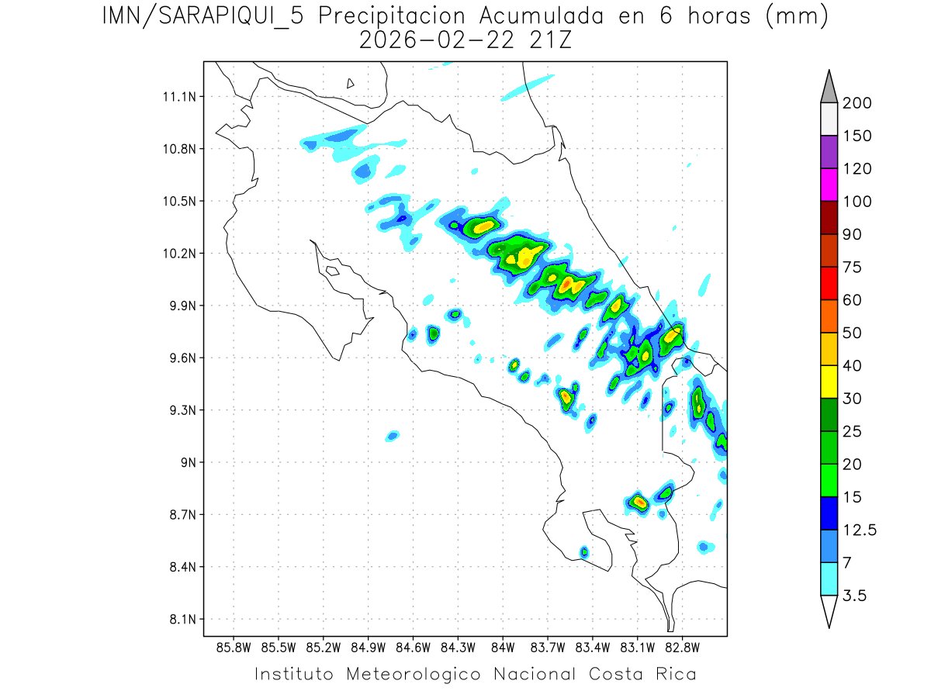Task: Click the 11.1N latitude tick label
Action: (x=178, y=97)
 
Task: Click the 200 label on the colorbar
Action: (x=857, y=103)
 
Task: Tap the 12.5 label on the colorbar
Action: (x=860, y=530)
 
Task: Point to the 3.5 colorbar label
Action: (x=856, y=596)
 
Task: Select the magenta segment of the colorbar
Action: (x=829, y=185)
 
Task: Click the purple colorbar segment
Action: (x=829, y=152)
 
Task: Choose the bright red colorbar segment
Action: (x=829, y=283)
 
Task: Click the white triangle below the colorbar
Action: (x=829, y=610)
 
